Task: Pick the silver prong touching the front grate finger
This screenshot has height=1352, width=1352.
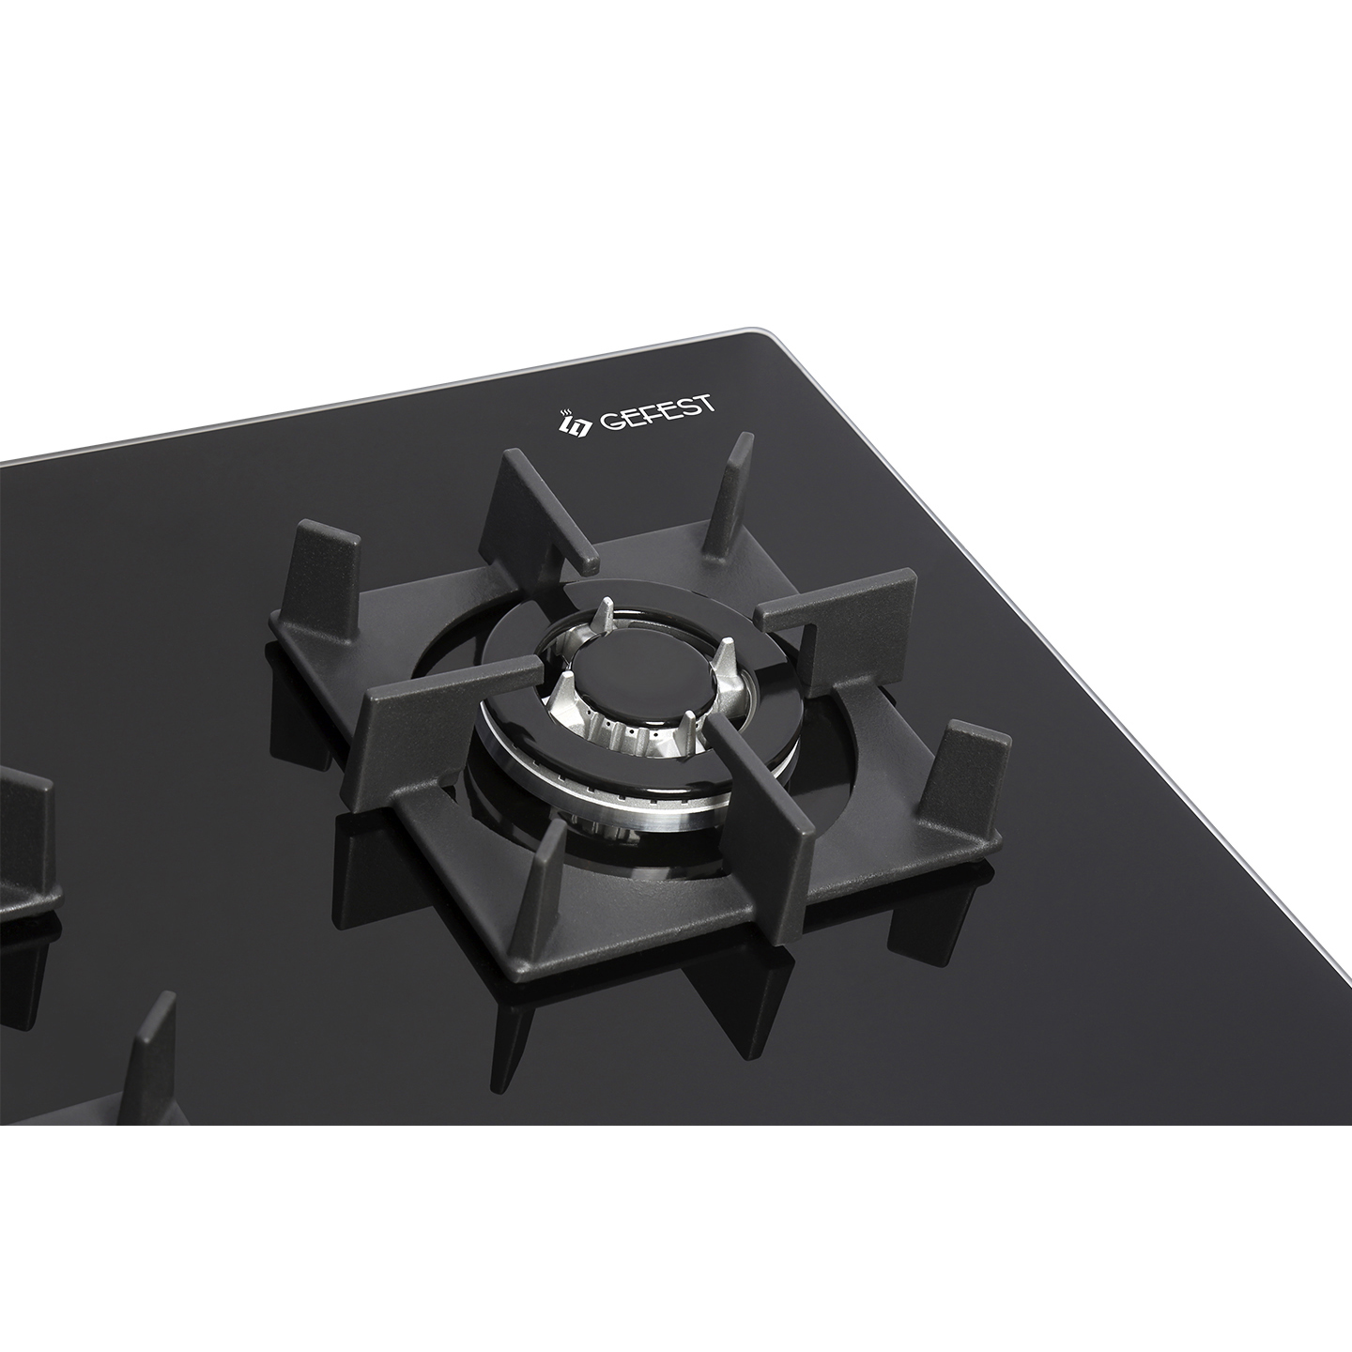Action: click(689, 730)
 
